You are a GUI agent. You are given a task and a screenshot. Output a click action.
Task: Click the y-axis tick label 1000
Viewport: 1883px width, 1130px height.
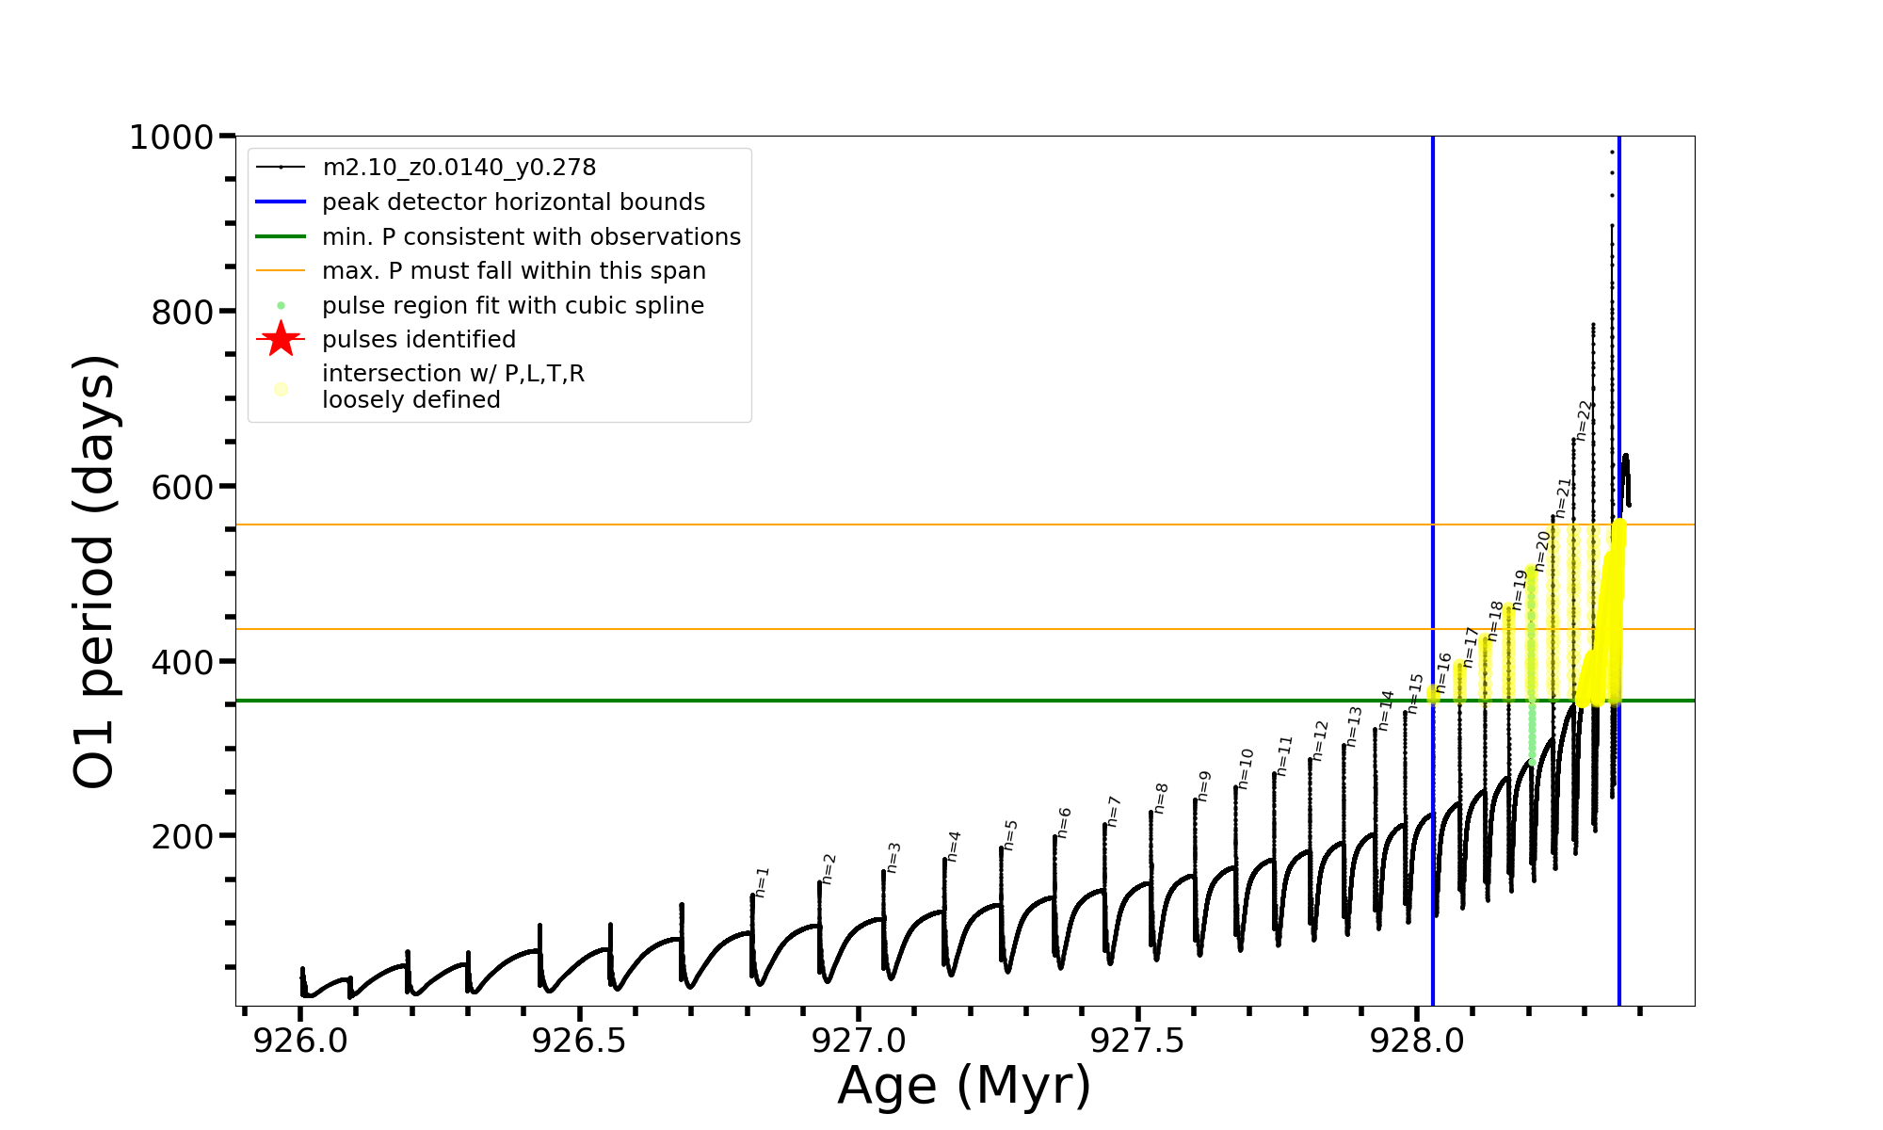[x=171, y=137]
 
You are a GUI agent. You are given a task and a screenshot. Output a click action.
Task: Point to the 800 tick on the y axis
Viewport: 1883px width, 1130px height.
[x=183, y=312]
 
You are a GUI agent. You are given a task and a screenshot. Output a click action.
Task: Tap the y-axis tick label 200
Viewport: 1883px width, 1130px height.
[x=183, y=836]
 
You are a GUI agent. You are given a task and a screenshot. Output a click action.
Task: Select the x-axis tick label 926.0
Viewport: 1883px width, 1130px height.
[x=300, y=1041]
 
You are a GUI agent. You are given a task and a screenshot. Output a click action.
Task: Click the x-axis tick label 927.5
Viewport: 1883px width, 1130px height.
[x=1137, y=1041]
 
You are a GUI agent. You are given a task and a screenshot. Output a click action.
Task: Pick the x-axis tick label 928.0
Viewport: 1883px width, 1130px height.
[x=1416, y=1041]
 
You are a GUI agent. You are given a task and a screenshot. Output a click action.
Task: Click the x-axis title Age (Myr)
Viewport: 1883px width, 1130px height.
[x=964, y=1086]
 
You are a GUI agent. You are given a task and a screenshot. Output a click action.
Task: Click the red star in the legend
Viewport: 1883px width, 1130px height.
[x=281, y=339]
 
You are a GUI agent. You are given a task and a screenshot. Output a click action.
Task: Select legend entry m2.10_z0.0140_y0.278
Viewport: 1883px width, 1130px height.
[x=459, y=168]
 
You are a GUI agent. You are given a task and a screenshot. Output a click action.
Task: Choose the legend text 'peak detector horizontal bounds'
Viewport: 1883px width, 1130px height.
[x=513, y=202]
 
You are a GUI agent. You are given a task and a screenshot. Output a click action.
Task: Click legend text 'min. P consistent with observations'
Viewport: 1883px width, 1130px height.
[x=531, y=236]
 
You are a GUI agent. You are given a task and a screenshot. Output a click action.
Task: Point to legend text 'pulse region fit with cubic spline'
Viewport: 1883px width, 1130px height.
[x=513, y=306]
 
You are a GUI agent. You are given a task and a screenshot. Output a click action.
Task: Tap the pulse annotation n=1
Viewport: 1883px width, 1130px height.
[x=763, y=881]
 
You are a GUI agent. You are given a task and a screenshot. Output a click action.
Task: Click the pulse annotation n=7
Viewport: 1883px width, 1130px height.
[x=1114, y=811]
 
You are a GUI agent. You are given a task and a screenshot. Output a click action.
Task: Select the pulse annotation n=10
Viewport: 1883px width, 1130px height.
[x=1246, y=768]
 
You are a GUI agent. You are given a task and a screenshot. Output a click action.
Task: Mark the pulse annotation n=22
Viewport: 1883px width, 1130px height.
[x=1584, y=420]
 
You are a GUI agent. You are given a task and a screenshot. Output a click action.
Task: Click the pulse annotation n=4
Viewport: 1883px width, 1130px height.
[x=954, y=846]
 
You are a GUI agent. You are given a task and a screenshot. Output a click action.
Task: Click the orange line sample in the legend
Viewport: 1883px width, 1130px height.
[x=281, y=271]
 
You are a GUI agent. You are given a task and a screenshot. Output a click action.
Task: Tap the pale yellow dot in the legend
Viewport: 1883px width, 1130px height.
[x=281, y=389]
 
